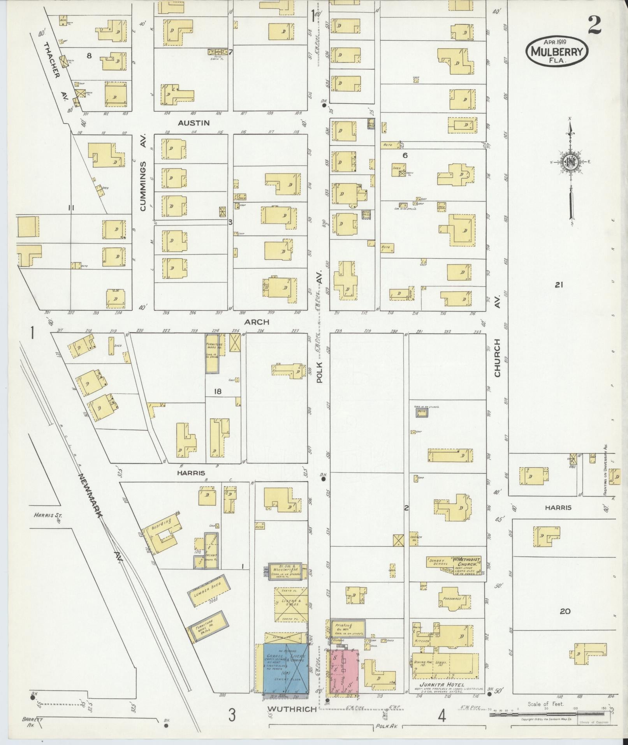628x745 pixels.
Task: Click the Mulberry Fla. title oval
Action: point(557,51)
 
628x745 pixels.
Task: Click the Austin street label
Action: point(194,123)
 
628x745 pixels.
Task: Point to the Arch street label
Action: point(257,322)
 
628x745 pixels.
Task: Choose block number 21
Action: point(559,285)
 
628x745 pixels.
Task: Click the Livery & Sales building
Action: point(290,615)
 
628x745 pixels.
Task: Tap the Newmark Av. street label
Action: point(100,518)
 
